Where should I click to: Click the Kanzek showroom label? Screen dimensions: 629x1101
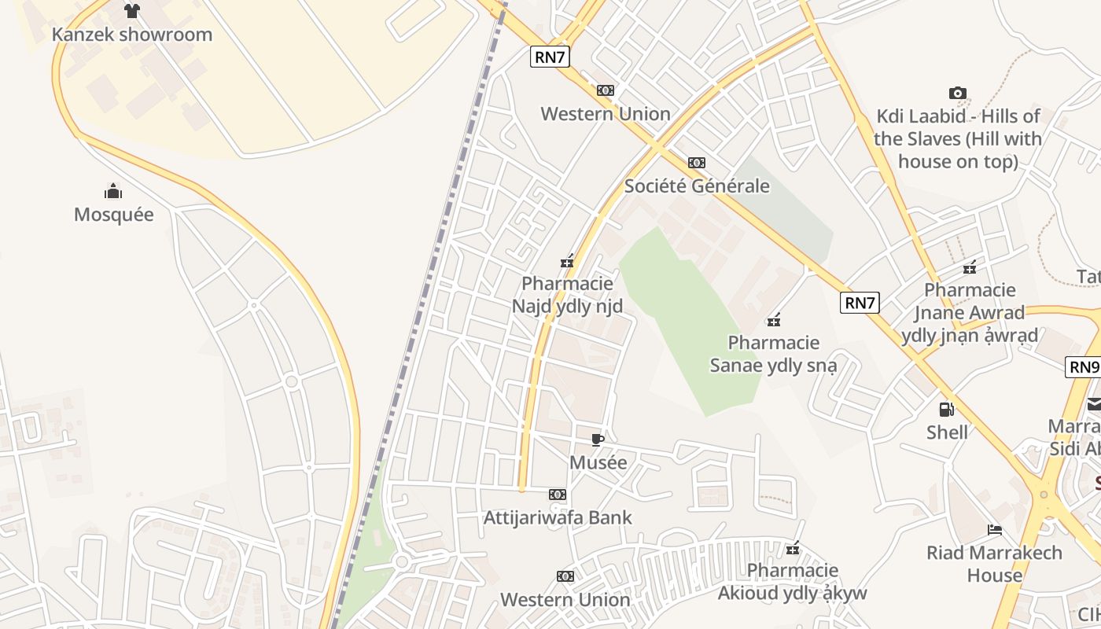[x=132, y=35]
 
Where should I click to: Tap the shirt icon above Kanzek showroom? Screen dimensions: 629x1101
[x=131, y=11]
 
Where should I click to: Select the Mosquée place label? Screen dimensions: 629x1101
[x=114, y=215]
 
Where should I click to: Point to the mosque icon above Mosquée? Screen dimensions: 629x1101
[x=113, y=191]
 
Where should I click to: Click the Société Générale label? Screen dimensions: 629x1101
[x=697, y=186]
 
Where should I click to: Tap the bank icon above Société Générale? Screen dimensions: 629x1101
[x=697, y=163]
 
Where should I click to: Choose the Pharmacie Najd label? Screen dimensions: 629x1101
[x=567, y=295]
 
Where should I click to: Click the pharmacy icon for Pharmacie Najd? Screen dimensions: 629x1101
[x=567, y=261]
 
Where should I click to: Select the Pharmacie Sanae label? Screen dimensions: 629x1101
[x=774, y=354]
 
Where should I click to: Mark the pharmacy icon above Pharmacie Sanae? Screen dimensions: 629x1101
[x=774, y=320]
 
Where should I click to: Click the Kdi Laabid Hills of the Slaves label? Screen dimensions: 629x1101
[x=958, y=139]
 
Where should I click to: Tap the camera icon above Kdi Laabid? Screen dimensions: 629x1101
[x=957, y=94]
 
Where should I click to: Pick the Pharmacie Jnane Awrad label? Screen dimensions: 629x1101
[x=970, y=313]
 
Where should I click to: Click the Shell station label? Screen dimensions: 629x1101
[x=947, y=432]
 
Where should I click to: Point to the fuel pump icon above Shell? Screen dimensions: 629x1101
[x=946, y=410]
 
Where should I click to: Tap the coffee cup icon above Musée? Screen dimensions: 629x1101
[x=598, y=440]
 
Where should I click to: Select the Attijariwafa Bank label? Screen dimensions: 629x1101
[x=558, y=518]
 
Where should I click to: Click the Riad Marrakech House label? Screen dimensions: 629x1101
[x=994, y=564]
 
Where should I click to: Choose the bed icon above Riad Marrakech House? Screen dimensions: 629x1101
[x=995, y=530]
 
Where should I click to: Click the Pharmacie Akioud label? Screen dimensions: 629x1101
[x=793, y=582]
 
